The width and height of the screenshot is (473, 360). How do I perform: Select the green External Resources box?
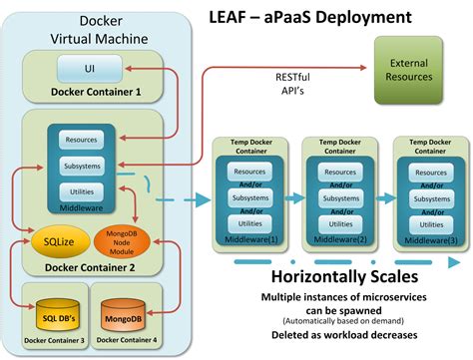pos(410,69)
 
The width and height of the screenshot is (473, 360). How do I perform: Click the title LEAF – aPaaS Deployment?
pos(323,17)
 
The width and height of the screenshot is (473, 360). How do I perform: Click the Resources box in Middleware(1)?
pos(247,172)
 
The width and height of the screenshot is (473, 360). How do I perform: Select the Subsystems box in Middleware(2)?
pos(338,198)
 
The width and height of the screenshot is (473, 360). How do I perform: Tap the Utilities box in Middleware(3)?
pos(429,225)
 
